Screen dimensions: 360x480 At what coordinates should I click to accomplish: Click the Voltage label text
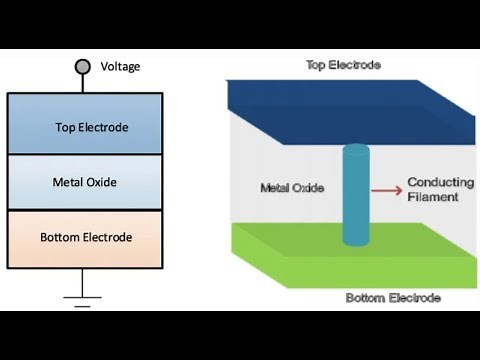pyautogui.click(x=121, y=67)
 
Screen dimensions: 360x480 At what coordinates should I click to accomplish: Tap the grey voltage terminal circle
pyautogui.click(x=83, y=67)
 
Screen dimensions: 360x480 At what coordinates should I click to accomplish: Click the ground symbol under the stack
pyautogui.click(x=84, y=297)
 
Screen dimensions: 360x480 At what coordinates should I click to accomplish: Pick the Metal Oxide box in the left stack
pyautogui.click(x=85, y=182)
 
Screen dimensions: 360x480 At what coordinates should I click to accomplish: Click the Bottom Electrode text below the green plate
pyautogui.click(x=393, y=298)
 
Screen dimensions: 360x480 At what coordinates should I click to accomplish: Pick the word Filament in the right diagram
pyautogui.click(x=433, y=197)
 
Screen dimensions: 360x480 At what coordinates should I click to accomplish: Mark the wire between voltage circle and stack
pyautogui.click(x=83, y=84)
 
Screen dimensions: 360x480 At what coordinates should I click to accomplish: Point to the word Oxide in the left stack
pyautogui.click(x=102, y=182)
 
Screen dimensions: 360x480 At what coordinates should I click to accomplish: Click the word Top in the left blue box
pyautogui.click(x=64, y=127)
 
